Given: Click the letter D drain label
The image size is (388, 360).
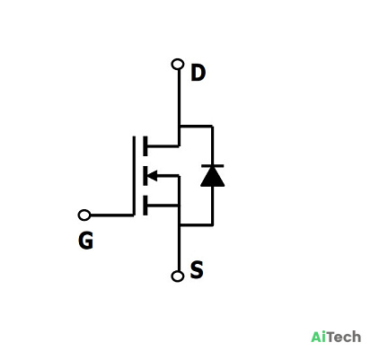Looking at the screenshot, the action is point(198,74).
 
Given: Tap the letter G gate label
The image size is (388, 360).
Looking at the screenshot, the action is point(85,241).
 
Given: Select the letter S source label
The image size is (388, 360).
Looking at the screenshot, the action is point(197,269).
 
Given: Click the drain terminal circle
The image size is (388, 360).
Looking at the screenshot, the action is point(178,65).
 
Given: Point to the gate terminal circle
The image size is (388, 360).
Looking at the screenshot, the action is point(84,215).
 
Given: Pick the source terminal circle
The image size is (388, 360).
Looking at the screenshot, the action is point(178,276).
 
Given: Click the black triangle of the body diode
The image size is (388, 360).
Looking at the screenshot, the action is point(213,177).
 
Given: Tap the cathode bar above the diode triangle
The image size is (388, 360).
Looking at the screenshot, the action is point(213,165).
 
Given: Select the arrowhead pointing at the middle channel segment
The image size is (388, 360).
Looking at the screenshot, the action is point(153,175).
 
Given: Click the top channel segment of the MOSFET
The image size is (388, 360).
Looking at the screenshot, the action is point(145,146).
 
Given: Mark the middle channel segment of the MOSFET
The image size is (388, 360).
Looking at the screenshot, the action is point(145,176).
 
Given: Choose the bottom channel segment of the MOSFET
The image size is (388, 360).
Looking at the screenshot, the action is point(145,206).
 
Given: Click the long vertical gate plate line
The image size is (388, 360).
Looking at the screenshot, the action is point(134,176).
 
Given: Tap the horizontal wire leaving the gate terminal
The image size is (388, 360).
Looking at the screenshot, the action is point(111,215).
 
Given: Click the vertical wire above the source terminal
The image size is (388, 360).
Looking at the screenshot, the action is point(179,248).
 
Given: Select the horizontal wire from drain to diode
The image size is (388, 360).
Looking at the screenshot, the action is point(196,127).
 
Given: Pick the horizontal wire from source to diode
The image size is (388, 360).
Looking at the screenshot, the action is point(196,224).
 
